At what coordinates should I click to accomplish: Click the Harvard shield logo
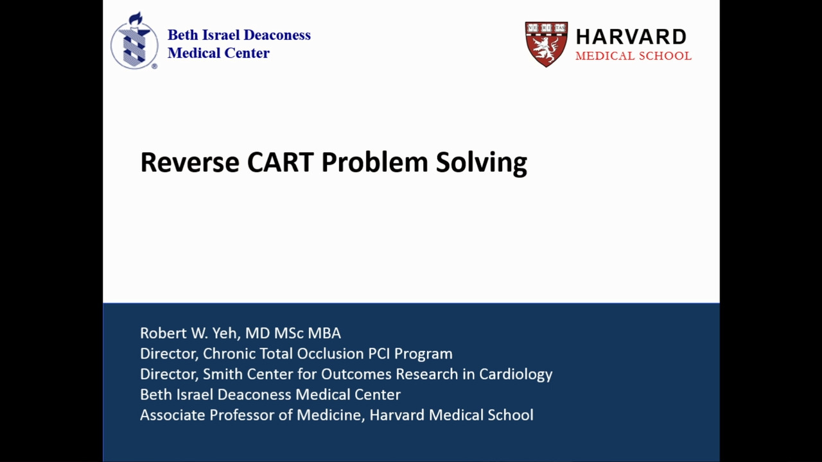[x=547, y=44]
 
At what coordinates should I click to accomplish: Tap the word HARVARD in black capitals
[x=631, y=37]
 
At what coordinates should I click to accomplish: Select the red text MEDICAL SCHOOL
[x=633, y=56]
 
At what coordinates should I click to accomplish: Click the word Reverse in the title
[x=189, y=162]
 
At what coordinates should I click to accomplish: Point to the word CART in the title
[x=281, y=162]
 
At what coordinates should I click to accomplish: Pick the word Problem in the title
[x=374, y=162]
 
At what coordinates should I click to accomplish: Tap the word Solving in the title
[x=482, y=163]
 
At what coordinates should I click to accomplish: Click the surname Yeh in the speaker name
[x=225, y=333]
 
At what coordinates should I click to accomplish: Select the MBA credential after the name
[x=324, y=333]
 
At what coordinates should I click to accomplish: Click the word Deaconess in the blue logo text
[x=277, y=35]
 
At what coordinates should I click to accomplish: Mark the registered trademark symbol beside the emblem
[x=155, y=66]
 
